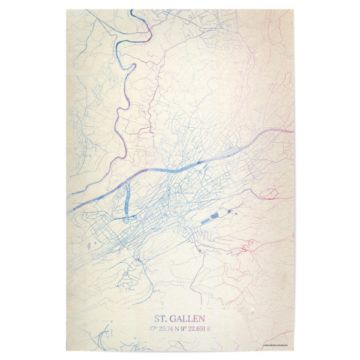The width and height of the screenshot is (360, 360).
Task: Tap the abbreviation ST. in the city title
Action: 161,317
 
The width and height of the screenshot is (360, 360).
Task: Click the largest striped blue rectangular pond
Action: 208,218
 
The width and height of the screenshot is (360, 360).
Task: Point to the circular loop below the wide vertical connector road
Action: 126,218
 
